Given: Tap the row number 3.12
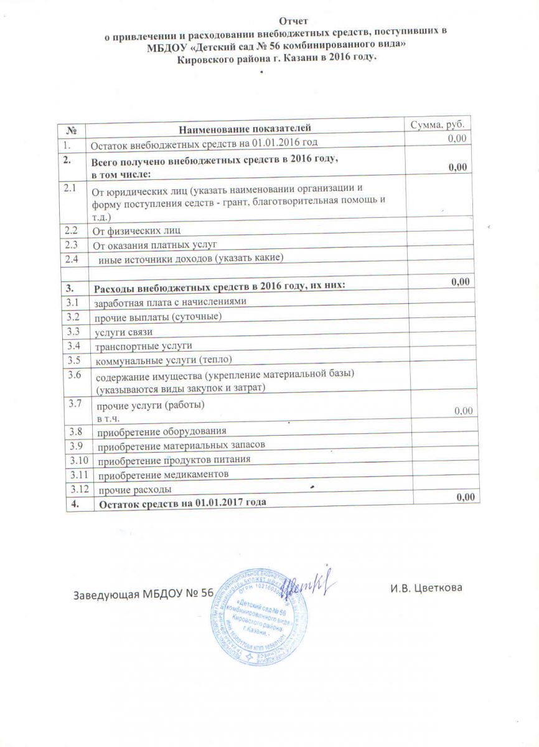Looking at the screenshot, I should (78, 489).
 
